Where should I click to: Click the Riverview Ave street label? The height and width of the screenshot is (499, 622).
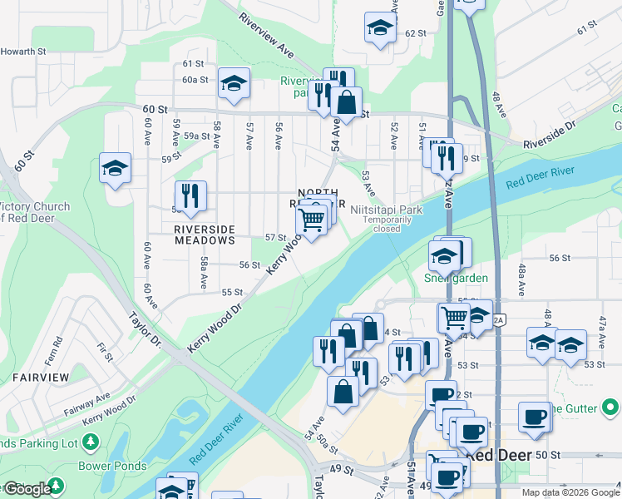(267, 34)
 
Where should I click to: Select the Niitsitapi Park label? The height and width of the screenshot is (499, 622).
(387, 210)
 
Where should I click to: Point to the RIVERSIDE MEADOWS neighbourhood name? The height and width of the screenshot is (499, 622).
(205, 235)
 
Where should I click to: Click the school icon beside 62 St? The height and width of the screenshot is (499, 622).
(380, 27)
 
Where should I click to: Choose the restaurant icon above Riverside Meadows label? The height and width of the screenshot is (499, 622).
(192, 196)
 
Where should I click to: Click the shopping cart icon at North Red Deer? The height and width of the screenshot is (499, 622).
(311, 220)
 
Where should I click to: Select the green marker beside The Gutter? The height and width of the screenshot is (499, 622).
(611, 408)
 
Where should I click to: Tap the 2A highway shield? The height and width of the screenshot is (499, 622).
(499, 321)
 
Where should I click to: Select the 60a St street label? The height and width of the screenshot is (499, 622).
(195, 79)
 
